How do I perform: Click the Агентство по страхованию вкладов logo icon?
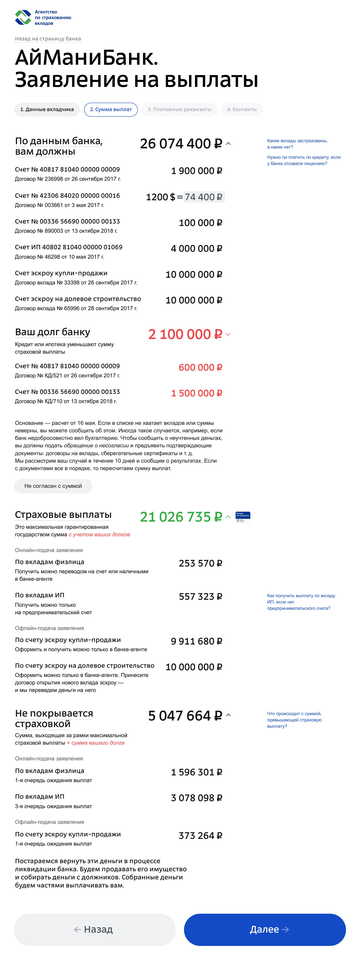tap(23, 17)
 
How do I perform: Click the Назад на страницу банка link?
tap(48, 39)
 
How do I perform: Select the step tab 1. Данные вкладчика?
tap(47, 109)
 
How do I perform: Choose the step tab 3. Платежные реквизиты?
tap(179, 109)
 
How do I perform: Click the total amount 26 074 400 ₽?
tap(181, 143)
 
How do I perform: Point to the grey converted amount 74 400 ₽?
tap(204, 197)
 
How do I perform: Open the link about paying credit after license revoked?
tap(303, 160)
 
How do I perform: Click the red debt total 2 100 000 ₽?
tap(185, 334)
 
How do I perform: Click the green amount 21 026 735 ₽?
tap(181, 517)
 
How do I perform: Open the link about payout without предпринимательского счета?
tap(301, 602)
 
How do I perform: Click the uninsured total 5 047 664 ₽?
tap(185, 716)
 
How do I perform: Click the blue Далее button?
tap(265, 929)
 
